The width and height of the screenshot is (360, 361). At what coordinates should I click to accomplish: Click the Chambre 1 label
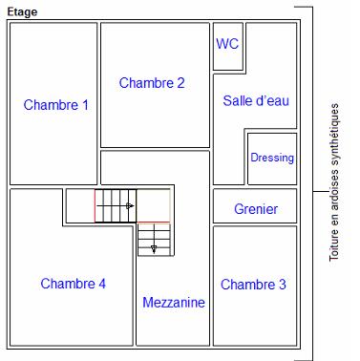(56, 105)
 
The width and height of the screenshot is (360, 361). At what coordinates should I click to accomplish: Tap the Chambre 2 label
(152, 83)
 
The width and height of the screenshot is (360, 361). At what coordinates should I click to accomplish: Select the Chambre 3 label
(253, 285)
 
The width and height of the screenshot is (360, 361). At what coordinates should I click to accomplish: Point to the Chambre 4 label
(73, 284)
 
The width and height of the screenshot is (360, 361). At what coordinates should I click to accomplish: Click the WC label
(227, 44)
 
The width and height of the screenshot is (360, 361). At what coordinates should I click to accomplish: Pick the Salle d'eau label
(255, 100)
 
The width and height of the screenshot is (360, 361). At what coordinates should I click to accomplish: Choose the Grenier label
(255, 209)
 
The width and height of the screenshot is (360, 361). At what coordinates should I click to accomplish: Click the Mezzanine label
(174, 303)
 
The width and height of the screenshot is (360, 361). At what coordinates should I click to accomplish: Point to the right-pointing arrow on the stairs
(129, 205)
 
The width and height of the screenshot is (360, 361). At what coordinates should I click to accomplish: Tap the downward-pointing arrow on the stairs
(153, 248)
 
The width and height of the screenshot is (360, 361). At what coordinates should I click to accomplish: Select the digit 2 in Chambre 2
(180, 83)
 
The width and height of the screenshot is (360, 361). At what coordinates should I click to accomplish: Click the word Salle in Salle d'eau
(239, 100)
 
